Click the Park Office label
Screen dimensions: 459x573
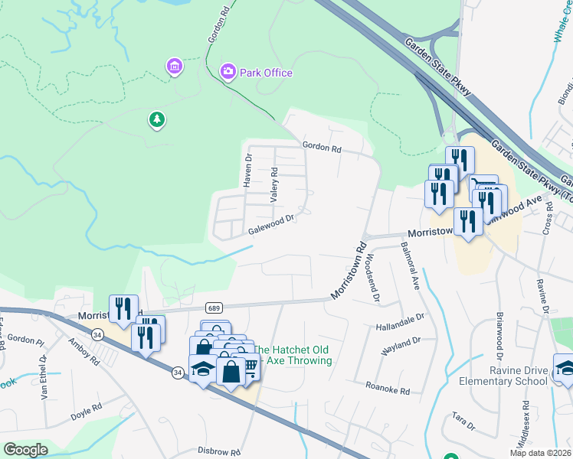[x=266, y=73]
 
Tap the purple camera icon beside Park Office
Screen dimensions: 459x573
[x=228, y=73]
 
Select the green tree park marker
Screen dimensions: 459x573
[x=157, y=119]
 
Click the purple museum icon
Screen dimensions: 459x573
[x=175, y=67]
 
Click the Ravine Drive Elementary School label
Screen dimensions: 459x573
[x=503, y=376]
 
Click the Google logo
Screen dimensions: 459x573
[x=25, y=450]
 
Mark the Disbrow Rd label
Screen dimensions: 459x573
[x=219, y=452]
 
